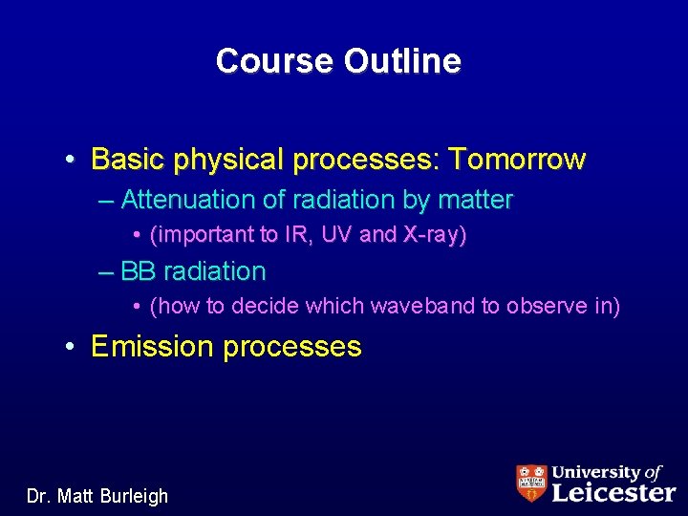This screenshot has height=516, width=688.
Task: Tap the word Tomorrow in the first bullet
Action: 519,159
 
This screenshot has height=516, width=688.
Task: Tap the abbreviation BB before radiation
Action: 138,271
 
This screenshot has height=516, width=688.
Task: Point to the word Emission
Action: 152,346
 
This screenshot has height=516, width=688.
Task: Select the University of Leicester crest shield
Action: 531,483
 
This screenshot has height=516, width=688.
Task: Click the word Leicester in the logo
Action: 613,491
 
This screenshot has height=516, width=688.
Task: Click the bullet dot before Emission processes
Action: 72,346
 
